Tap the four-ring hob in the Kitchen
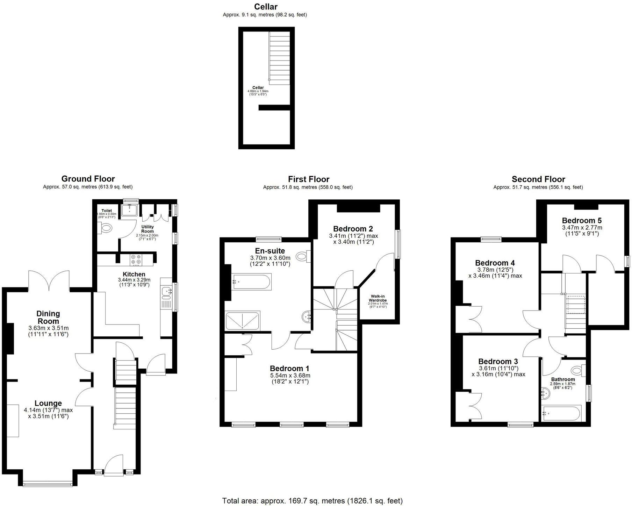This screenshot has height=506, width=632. click(x=136, y=259)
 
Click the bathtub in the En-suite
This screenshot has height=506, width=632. click(x=251, y=281)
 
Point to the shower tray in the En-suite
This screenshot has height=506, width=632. click(x=243, y=321)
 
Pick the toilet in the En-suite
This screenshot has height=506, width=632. click(x=303, y=257)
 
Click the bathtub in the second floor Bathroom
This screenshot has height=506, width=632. click(x=561, y=413)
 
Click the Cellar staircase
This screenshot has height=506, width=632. click(x=279, y=58)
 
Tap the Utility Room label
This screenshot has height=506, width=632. click(x=147, y=229)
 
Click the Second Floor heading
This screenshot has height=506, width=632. click(x=538, y=179)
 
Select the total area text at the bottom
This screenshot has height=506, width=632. click(x=312, y=501)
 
